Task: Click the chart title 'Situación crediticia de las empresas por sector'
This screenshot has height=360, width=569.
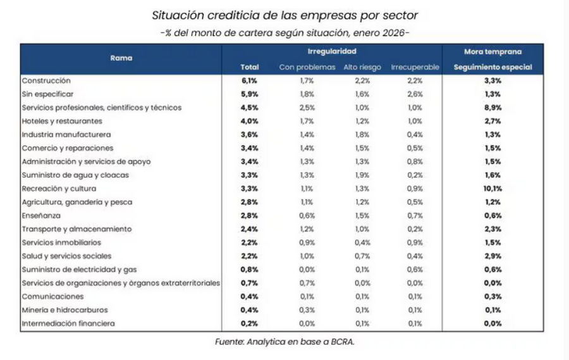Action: pos(284,14)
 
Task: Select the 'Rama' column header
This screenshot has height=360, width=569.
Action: pos(121,58)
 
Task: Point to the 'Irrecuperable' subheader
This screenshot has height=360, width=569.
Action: pos(415,67)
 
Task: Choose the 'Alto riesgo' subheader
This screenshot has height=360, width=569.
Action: pos(362,67)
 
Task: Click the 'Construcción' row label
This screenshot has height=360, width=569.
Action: pos(46,81)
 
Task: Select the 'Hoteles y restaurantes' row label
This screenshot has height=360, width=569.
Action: pos(62,121)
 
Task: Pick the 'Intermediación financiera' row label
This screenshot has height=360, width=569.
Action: pos(68,323)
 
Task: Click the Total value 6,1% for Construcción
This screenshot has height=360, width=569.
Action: pos(249,81)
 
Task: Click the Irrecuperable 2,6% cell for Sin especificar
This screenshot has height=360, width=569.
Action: pos(415,94)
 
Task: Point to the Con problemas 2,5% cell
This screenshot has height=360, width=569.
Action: pos(306,108)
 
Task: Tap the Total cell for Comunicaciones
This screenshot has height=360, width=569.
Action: pos(249,296)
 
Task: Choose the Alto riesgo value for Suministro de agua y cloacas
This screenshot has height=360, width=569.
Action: pos(362,175)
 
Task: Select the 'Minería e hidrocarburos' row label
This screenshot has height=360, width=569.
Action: pos(64,310)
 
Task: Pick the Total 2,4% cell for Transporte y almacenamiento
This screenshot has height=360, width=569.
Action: pos(249,229)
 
